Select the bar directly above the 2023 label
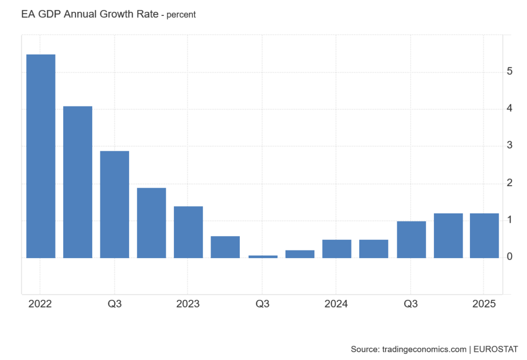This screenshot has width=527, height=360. (x=188, y=232)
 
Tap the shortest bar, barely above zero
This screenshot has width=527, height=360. (x=262, y=256)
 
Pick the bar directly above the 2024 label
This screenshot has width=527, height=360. (x=337, y=249)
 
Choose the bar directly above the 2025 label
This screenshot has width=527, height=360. (x=484, y=236)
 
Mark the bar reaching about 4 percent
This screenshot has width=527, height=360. (x=78, y=182)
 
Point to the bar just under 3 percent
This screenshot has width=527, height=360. (x=114, y=204)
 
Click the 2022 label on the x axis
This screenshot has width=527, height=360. (x=40, y=304)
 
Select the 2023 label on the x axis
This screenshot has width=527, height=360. (x=188, y=304)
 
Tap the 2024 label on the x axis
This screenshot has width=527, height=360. (x=336, y=304)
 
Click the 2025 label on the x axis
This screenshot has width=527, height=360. (x=484, y=304)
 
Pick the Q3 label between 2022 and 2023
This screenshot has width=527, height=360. (x=114, y=304)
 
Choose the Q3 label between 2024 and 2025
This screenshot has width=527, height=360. (x=410, y=304)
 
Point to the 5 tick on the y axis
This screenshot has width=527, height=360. (x=509, y=71)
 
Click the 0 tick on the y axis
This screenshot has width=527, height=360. (x=509, y=257)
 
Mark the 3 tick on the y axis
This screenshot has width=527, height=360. (x=509, y=146)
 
